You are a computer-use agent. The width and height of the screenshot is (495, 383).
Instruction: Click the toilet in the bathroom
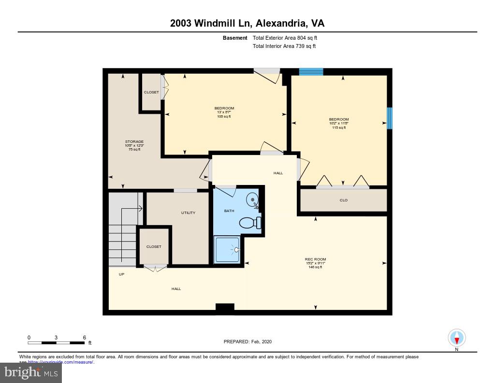[x=249, y=223]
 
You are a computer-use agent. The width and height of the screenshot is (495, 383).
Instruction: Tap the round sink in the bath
[x=252, y=199]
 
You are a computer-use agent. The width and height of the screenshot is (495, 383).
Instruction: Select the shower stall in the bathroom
[x=227, y=249]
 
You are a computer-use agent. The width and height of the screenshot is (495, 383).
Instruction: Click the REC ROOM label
[x=315, y=259]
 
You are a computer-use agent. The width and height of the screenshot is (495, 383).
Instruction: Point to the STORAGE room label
[x=134, y=142]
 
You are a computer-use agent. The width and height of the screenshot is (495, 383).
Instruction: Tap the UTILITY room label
[x=188, y=213]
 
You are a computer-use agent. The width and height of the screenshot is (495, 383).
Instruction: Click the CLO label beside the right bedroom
[x=343, y=200]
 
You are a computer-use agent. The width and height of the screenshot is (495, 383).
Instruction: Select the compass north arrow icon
[x=456, y=337]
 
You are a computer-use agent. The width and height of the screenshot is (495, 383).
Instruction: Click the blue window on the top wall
[x=311, y=72]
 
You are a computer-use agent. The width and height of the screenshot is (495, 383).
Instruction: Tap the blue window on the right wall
[x=390, y=118]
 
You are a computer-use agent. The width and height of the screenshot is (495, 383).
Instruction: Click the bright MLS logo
[x=31, y=372]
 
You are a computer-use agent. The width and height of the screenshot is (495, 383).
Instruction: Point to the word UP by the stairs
[x=121, y=274]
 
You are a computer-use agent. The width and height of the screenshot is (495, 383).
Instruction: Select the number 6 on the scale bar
[x=84, y=337]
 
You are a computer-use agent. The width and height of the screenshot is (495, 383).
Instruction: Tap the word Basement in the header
[x=235, y=38]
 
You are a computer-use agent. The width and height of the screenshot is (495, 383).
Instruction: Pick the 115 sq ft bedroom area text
[x=339, y=127]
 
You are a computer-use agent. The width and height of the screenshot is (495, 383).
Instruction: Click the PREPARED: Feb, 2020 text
[x=247, y=341]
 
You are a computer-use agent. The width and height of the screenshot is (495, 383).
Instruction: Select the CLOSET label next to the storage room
[x=151, y=92]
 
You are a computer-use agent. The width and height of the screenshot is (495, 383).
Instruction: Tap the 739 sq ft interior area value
[x=306, y=46]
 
